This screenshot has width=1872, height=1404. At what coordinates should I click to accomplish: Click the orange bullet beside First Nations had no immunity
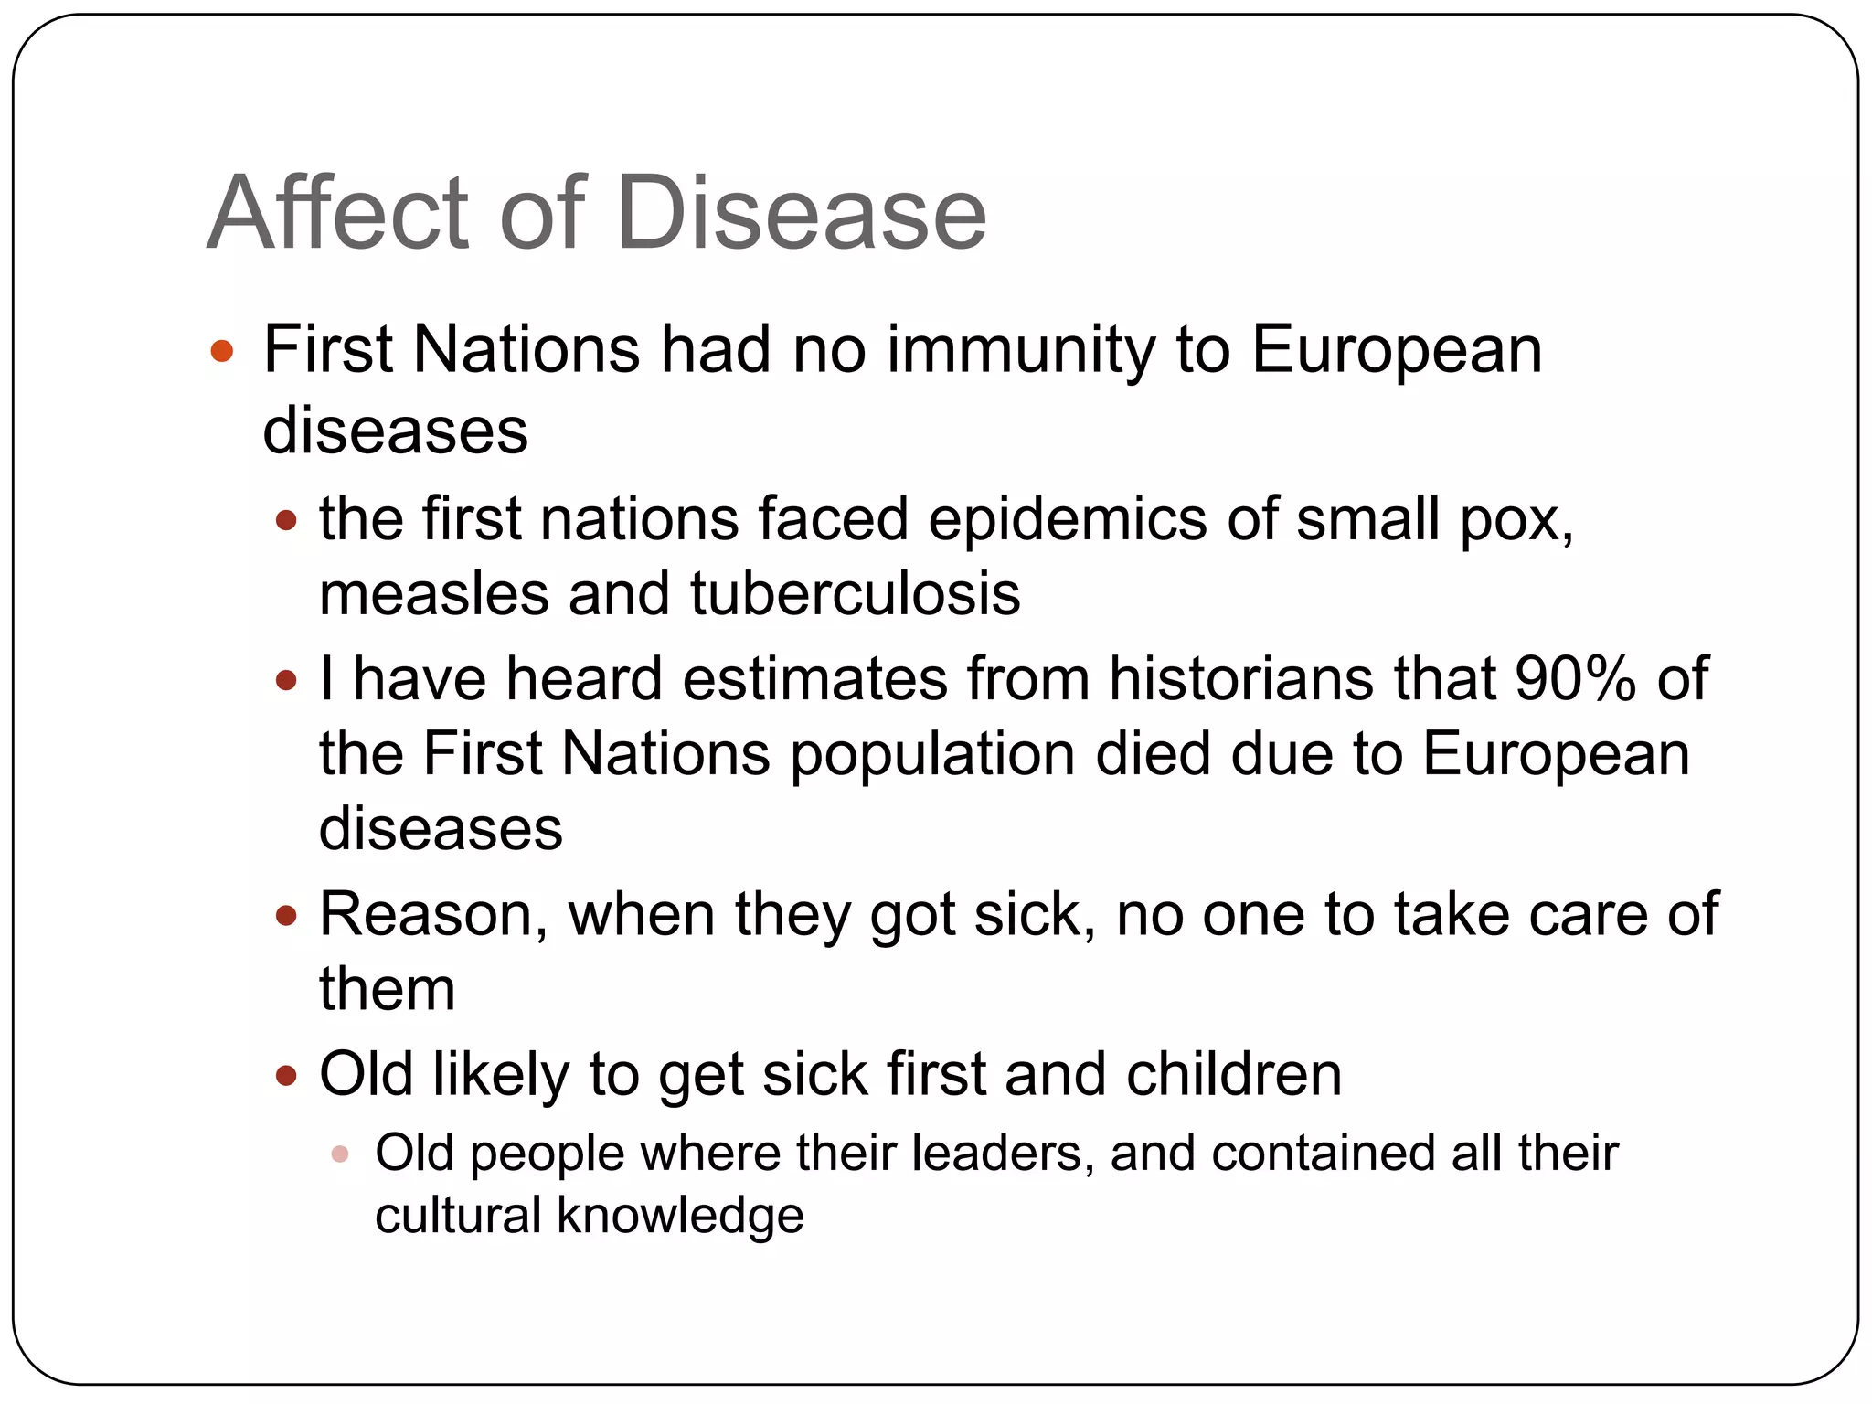click(222, 351)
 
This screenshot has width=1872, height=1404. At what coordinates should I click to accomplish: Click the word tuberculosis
click(855, 594)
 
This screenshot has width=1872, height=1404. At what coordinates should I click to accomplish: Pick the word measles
click(433, 594)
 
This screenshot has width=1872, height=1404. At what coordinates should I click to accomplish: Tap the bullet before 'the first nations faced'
click(287, 521)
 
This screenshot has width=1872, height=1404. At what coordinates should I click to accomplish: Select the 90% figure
click(1573, 680)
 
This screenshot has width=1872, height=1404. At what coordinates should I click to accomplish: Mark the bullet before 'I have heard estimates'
click(287, 681)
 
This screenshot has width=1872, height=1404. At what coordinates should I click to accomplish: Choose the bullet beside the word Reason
click(287, 915)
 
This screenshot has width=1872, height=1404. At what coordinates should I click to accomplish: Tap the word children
click(1234, 1074)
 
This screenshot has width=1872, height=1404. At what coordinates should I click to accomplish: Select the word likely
click(501, 1076)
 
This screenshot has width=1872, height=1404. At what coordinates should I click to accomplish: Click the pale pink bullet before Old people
click(340, 1154)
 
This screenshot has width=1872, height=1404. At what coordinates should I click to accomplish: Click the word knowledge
click(680, 1217)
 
